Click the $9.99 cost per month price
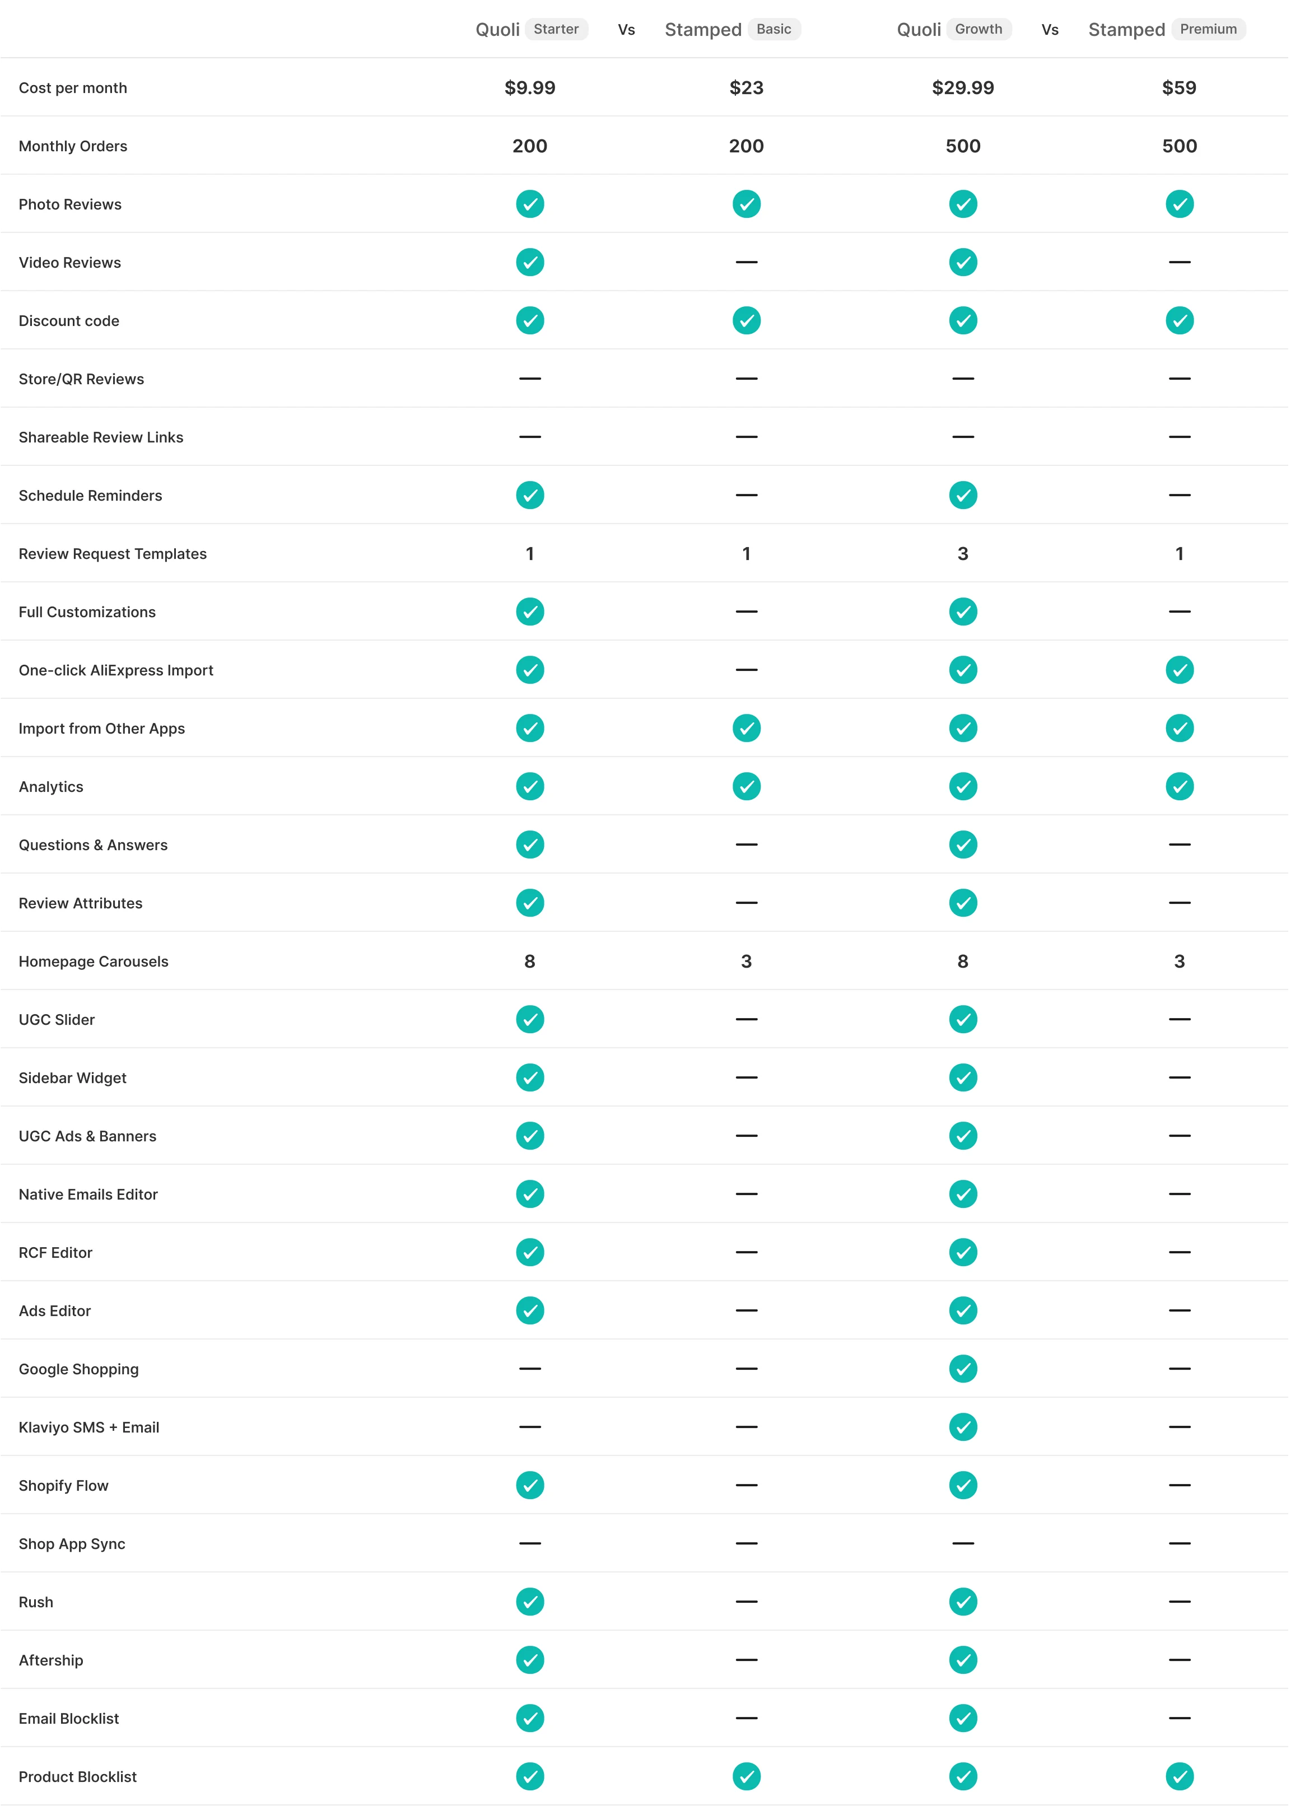point(530,87)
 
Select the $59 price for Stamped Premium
point(1179,87)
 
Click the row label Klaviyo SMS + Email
point(89,1427)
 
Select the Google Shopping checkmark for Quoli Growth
point(963,1369)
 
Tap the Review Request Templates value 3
point(963,553)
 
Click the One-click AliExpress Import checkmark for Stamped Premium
point(1179,670)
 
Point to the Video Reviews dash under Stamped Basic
point(747,262)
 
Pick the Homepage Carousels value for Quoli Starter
point(530,961)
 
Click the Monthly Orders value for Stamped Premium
point(1179,146)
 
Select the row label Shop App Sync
point(72,1543)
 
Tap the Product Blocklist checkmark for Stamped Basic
point(747,1776)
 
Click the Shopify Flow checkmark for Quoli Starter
point(530,1485)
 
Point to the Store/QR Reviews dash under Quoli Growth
point(963,378)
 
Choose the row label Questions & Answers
point(93,845)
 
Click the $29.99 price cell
point(963,87)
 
